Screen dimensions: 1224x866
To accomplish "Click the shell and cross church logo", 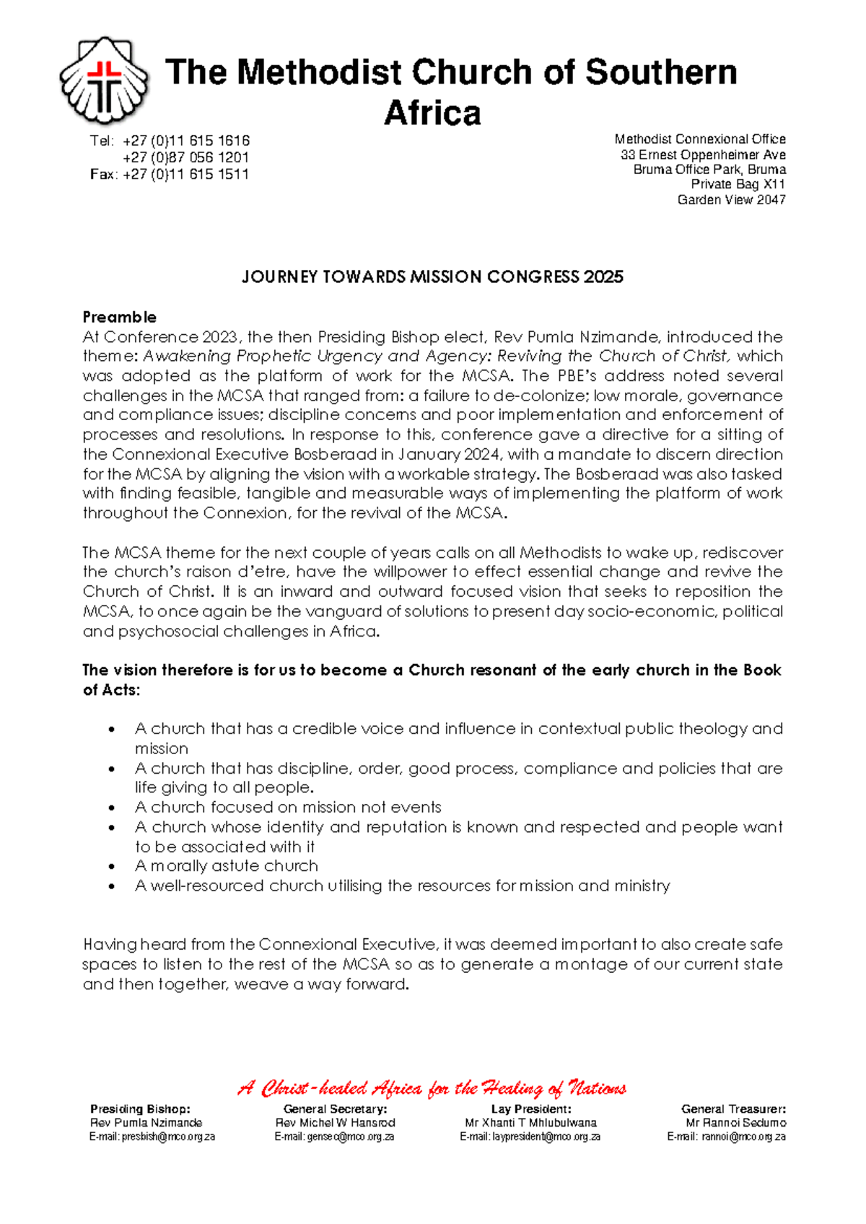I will tap(105, 82).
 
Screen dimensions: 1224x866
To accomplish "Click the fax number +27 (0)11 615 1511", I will tap(185, 174).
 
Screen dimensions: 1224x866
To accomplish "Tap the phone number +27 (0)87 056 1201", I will tap(185, 157).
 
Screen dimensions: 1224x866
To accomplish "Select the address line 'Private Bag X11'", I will tap(738, 185).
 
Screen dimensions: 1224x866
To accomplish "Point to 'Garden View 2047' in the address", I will tap(731, 200).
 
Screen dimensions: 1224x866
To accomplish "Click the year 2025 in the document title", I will tap(603, 277).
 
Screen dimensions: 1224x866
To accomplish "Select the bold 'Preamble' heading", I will tap(120, 317).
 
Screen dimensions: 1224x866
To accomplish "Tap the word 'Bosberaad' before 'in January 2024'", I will tap(336, 455).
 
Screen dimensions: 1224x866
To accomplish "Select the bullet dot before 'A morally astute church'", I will tap(111, 867).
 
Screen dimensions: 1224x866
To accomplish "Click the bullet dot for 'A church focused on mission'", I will tap(111, 808).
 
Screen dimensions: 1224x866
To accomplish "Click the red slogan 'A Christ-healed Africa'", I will tap(432, 1088).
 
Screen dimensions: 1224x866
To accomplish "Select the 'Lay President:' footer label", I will tap(531, 1109).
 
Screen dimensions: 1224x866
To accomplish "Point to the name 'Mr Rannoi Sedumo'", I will tap(735, 1123).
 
